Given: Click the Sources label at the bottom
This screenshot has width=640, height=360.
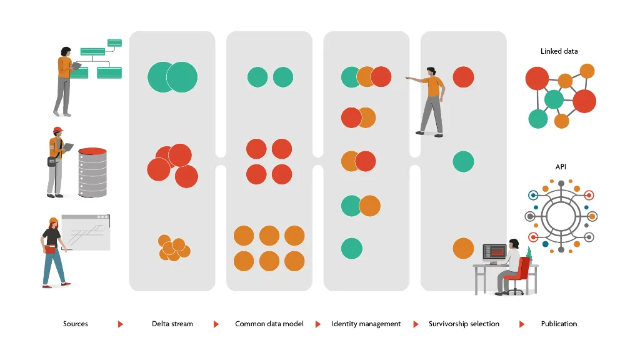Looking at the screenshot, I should pos(76,324).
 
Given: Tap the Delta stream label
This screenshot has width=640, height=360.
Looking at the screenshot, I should pos(172,324).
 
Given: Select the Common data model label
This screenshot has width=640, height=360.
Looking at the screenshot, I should pos(269,324).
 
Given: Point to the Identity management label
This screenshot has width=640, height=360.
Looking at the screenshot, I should pos(366,324).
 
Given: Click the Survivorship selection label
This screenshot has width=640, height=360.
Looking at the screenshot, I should pos(464,324).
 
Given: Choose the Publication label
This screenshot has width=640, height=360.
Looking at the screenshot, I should pos(559,324).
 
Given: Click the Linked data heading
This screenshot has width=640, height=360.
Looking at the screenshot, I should pos(559,51).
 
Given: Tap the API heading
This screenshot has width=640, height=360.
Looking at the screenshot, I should pos(561,167).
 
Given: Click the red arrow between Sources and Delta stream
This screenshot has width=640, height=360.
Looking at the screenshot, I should pos(121,324).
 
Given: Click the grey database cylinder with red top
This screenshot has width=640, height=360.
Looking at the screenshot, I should pos(92,172).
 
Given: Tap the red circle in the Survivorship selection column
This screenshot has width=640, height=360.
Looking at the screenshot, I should pos(463,77).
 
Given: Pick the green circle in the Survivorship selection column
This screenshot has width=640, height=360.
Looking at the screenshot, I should pos(463,162).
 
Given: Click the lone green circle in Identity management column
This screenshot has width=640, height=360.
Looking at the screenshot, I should pos(352,248).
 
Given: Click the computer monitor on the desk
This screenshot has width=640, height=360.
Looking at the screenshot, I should pos(494,252).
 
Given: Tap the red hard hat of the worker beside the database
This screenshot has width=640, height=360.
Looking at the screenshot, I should pos(58,130).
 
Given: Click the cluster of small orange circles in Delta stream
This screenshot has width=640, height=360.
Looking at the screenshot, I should pos(173,248).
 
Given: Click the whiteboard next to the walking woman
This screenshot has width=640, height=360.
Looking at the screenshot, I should pos(86,232).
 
